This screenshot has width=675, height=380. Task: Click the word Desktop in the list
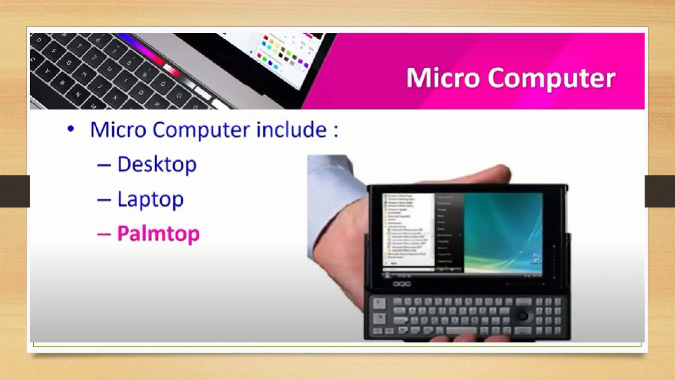point(157,164)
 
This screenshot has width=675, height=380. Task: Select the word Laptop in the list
point(150,199)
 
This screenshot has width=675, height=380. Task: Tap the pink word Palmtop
point(159,234)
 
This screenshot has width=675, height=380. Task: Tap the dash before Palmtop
point(104,234)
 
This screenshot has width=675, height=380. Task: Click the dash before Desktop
point(104,165)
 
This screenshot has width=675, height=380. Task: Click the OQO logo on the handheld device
point(401,284)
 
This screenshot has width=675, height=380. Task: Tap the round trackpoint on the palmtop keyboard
point(523,316)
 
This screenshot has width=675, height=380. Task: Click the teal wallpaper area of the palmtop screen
point(503,231)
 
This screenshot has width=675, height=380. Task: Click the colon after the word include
point(336,130)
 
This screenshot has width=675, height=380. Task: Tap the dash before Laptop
point(104,199)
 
